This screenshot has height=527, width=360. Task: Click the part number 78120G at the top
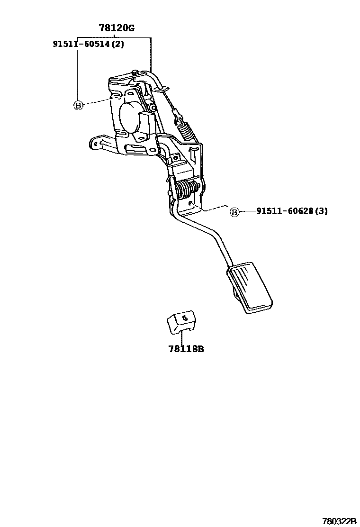tap(117, 28)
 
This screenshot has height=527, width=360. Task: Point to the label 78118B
tap(186, 349)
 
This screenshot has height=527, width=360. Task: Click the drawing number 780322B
tap(339, 520)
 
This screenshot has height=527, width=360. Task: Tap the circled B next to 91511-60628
tap(234, 212)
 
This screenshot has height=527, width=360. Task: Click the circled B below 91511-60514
tap(78, 105)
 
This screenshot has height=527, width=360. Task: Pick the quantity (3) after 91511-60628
tap(322, 211)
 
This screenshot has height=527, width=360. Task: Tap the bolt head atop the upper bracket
tap(135, 73)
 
